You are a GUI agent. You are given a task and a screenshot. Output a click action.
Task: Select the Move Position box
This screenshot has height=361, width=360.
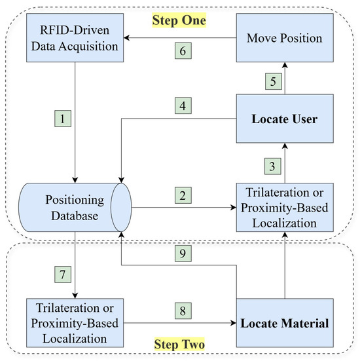pyautogui.click(x=284, y=38)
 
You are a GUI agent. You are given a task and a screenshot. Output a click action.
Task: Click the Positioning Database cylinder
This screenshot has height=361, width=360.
pyautogui.click(x=75, y=208)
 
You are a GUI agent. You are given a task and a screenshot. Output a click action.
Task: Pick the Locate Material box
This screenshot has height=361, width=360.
pyautogui.click(x=284, y=322)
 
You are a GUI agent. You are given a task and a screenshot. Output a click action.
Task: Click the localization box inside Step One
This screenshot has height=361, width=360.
pyautogui.click(x=284, y=208)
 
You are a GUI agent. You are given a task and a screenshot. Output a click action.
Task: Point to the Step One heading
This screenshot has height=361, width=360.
pyautogui.click(x=179, y=20)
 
